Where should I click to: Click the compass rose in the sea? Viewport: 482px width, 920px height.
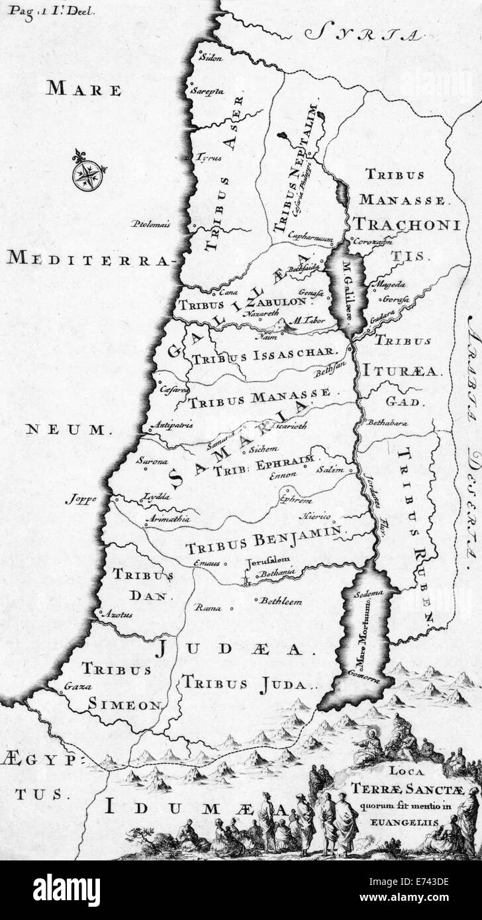point(88,174)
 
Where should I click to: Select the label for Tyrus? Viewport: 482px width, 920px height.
point(211,158)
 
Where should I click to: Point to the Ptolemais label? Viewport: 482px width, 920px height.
point(150,224)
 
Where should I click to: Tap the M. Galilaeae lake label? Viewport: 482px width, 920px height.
point(346,289)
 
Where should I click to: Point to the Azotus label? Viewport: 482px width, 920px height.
point(117,614)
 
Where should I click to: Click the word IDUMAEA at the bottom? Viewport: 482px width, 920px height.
point(195,809)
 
